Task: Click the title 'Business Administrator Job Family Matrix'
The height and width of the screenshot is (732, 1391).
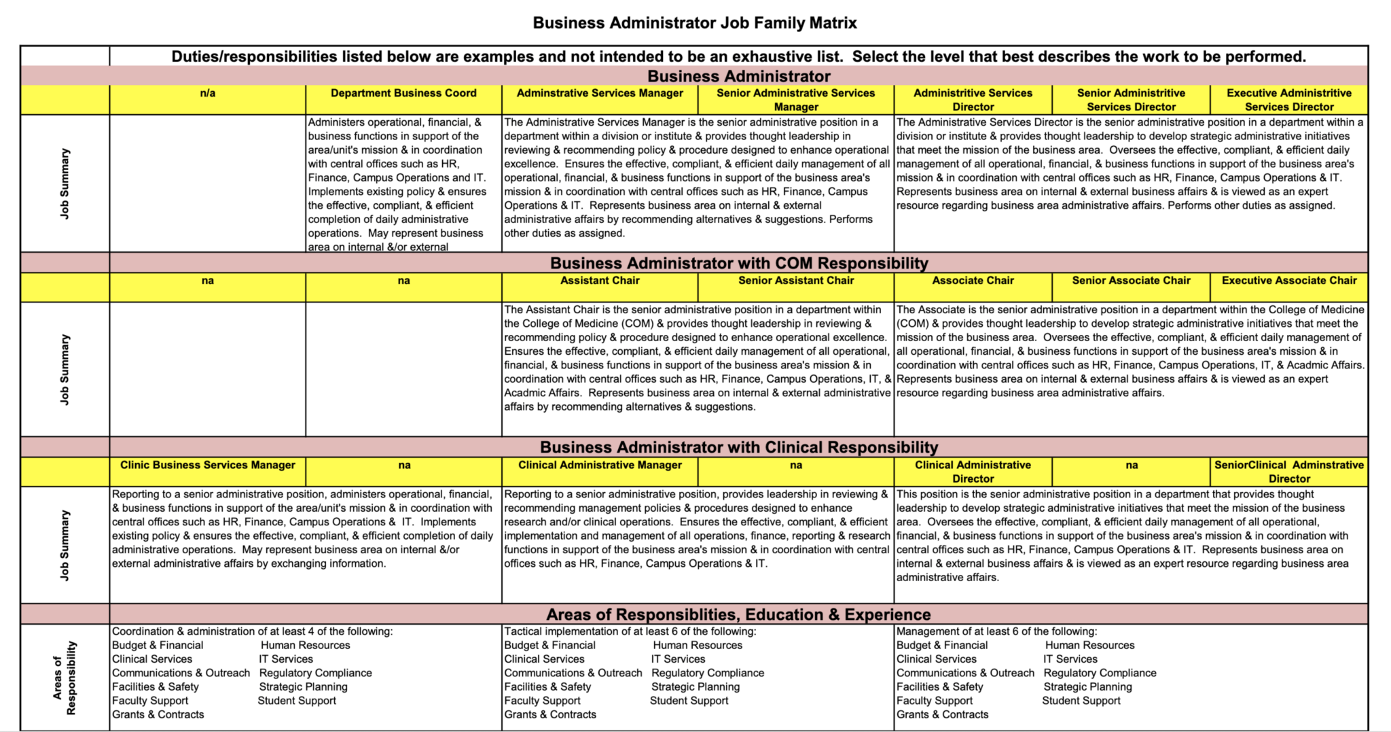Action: (x=694, y=23)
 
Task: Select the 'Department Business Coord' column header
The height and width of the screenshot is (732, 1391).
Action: (x=403, y=94)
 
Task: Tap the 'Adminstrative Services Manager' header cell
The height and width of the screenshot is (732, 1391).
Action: (x=600, y=94)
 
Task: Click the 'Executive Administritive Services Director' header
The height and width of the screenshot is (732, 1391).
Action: (x=1288, y=100)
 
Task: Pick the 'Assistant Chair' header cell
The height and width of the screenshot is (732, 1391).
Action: (x=600, y=281)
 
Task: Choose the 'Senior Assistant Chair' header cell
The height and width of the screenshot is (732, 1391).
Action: (x=796, y=281)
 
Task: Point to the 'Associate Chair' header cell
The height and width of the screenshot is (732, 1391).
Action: (x=973, y=281)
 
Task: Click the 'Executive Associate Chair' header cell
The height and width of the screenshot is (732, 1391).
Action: (x=1288, y=281)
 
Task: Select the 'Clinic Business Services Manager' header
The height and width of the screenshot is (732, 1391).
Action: (x=208, y=466)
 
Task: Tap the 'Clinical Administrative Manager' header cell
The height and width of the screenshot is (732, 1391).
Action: (x=600, y=466)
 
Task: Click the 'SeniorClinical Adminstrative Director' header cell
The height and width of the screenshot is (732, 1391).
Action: (x=1288, y=472)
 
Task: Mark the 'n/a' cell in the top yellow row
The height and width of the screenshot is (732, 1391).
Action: (x=208, y=94)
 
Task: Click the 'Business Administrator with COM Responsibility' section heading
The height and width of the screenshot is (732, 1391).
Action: (x=739, y=263)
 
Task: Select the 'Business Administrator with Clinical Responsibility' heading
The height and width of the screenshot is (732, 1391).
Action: (x=739, y=447)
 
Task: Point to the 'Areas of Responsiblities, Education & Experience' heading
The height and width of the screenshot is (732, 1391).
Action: (x=739, y=614)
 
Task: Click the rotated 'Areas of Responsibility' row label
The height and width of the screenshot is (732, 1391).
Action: (x=65, y=678)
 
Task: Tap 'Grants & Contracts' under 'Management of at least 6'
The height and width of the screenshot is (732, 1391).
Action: (x=942, y=715)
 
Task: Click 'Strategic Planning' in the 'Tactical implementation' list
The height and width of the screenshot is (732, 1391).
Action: (x=695, y=687)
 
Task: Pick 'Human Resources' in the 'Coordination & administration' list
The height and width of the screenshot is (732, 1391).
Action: (x=306, y=646)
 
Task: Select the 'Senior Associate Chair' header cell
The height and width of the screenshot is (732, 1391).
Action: (x=1131, y=281)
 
